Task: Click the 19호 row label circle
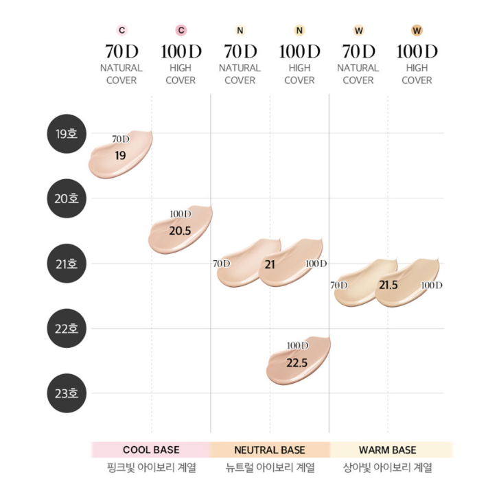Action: pos(67,133)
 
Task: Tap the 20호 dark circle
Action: pos(67,198)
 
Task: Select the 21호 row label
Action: pos(67,264)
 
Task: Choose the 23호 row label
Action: pos(67,394)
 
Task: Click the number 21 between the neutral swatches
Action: pos(270,264)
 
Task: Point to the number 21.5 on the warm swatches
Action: pos(388,285)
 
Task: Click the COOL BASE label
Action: pos(151,450)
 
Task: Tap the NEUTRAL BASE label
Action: pos(270,450)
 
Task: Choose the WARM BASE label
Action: pos(388,450)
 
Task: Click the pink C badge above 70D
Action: pos(121,30)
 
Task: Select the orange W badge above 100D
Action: pos(417,30)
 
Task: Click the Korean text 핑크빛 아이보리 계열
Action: pos(151,469)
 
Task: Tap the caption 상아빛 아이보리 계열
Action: pos(388,469)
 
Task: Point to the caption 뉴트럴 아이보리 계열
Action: pos(270,469)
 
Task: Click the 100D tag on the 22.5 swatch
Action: pos(297,345)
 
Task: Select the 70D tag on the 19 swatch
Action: pos(120,139)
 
